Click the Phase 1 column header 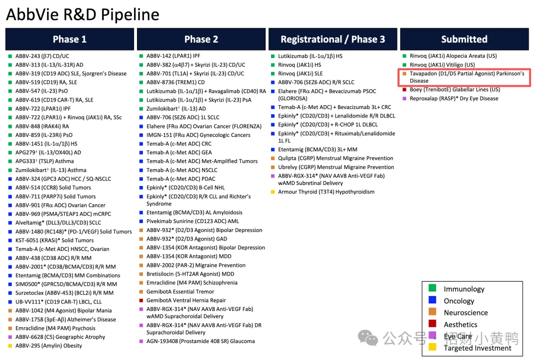pyautogui.click(x=70, y=39)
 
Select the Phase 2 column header pyautogui.click(x=201, y=39)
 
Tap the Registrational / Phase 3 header pyautogui.click(x=333, y=39)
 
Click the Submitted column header pyautogui.click(x=464, y=39)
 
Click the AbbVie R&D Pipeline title pyautogui.click(x=83, y=14)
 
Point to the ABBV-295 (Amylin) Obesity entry pyautogui.click(x=49, y=346)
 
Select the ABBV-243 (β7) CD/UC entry pyautogui.click(x=42, y=56)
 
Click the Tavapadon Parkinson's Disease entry pyautogui.click(x=467, y=77)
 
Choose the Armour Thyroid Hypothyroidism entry pyautogui.click(x=326, y=192)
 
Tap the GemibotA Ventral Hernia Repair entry pyautogui.click(x=186, y=300)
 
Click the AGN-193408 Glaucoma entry pyautogui.click(x=201, y=341)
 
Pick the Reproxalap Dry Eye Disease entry pyautogui.click(x=454, y=99)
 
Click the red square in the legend pyautogui.click(x=432, y=323)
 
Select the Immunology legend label pyautogui.click(x=464, y=289)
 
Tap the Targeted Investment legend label pyautogui.click(x=477, y=348)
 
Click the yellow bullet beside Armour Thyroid pyautogui.click(x=273, y=192)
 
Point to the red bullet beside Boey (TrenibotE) pyautogui.click(x=404, y=89)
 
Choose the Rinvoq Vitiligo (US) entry pyautogui.click(x=442, y=65)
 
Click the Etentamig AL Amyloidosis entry pyautogui.click(x=194, y=212)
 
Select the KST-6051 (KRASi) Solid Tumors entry pyautogui.click(x=55, y=240)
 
